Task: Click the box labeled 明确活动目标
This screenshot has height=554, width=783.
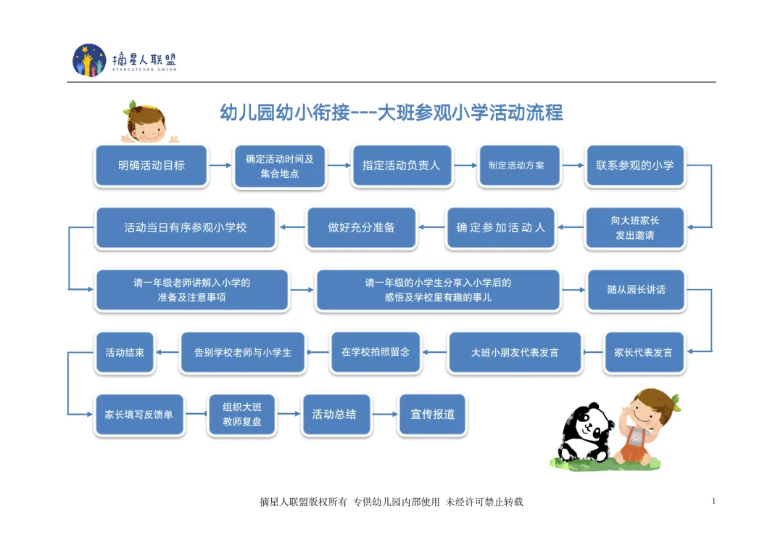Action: (x=152, y=166)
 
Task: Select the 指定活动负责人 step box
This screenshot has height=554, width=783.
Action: (x=401, y=166)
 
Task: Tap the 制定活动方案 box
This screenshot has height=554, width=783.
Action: (x=519, y=166)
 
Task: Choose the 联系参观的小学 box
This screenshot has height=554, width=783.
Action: (x=634, y=166)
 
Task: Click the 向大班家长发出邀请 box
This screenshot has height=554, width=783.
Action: (x=634, y=228)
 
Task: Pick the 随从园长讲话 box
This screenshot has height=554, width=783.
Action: (x=636, y=290)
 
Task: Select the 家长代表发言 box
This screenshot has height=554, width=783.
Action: (x=643, y=353)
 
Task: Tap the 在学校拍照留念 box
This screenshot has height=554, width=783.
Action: (x=375, y=352)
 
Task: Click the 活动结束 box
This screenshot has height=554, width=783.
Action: (x=125, y=353)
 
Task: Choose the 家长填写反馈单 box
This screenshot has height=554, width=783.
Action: (x=139, y=415)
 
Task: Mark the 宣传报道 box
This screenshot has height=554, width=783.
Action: (x=433, y=415)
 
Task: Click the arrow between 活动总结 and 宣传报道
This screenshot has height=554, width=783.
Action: (x=384, y=415)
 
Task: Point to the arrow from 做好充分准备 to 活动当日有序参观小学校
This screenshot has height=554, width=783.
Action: (x=292, y=228)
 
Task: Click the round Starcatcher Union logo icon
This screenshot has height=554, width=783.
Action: (x=89, y=60)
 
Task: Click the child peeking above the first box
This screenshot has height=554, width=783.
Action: (x=147, y=123)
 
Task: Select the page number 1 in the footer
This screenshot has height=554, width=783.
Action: (x=714, y=501)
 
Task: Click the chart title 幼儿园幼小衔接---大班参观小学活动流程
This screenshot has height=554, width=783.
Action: (x=391, y=113)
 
